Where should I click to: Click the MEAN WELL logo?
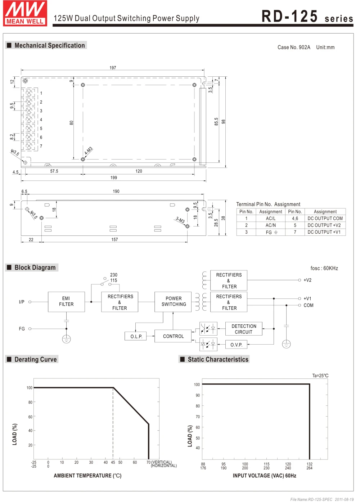pos(25,13)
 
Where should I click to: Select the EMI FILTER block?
pos(66,302)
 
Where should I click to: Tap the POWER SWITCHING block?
pos(173,302)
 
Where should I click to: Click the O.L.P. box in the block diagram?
pos(135,336)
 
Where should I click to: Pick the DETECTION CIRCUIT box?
pos(244,329)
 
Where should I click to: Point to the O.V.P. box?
pos(236,345)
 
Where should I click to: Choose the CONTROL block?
pos(173,336)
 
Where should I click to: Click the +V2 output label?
pos(307,280)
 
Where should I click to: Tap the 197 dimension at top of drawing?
pos(113,68)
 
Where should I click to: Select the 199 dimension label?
pos(114,178)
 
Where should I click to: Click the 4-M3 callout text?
pos(89,151)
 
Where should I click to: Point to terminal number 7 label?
pos(41,146)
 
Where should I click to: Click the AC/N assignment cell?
pos(270,225)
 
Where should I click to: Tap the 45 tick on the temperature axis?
pos(113,462)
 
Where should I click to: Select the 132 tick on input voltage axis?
pos(310,464)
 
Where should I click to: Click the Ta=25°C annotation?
pos(320,376)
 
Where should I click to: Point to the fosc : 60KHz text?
pos(324,268)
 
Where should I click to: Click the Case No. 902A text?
pos(294,47)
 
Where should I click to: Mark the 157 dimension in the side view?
pos(114,239)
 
